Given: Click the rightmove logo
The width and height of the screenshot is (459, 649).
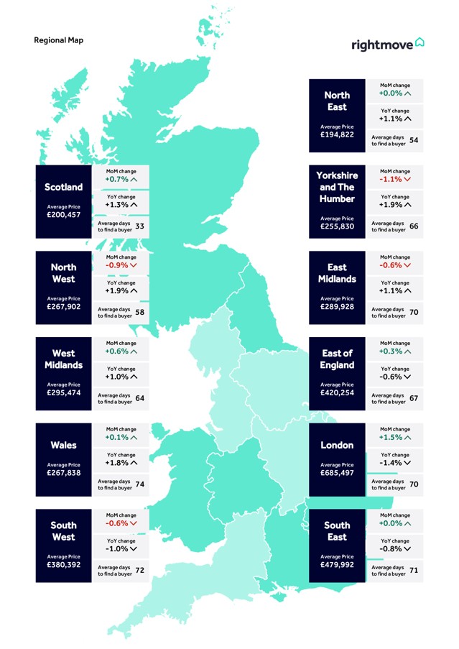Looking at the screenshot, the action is pyautogui.click(x=387, y=44).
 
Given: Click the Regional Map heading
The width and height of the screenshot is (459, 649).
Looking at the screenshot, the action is pyautogui.click(x=58, y=40).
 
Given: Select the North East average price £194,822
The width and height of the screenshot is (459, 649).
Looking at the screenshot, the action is pyautogui.click(x=336, y=135).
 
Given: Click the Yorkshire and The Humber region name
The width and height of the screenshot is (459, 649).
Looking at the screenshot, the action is pyautogui.click(x=336, y=187).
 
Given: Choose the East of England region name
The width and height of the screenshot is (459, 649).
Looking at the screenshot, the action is pyautogui.click(x=336, y=359).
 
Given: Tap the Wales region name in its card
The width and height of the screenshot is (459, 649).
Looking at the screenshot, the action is pyautogui.click(x=64, y=446).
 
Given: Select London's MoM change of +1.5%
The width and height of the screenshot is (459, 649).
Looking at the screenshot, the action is pyautogui.click(x=393, y=437).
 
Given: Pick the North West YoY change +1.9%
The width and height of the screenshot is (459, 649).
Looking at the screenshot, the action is pyautogui.click(x=121, y=290).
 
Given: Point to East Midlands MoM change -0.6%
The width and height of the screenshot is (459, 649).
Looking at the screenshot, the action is pyautogui.click(x=393, y=265).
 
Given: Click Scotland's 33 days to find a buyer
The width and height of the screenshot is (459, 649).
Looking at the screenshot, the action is pyautogui.click(x=139, y=226).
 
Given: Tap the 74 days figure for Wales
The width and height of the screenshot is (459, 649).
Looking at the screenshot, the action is pyautogui.click(x=139, y=484).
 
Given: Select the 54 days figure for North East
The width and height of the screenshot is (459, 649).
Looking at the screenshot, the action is pyautogui.click(x=413, y=140).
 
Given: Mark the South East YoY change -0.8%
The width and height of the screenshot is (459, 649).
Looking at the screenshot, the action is pyautogui.click(x=393, y=549).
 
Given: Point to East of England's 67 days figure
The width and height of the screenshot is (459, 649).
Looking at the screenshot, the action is pyautogui.click(x=413, y=399).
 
